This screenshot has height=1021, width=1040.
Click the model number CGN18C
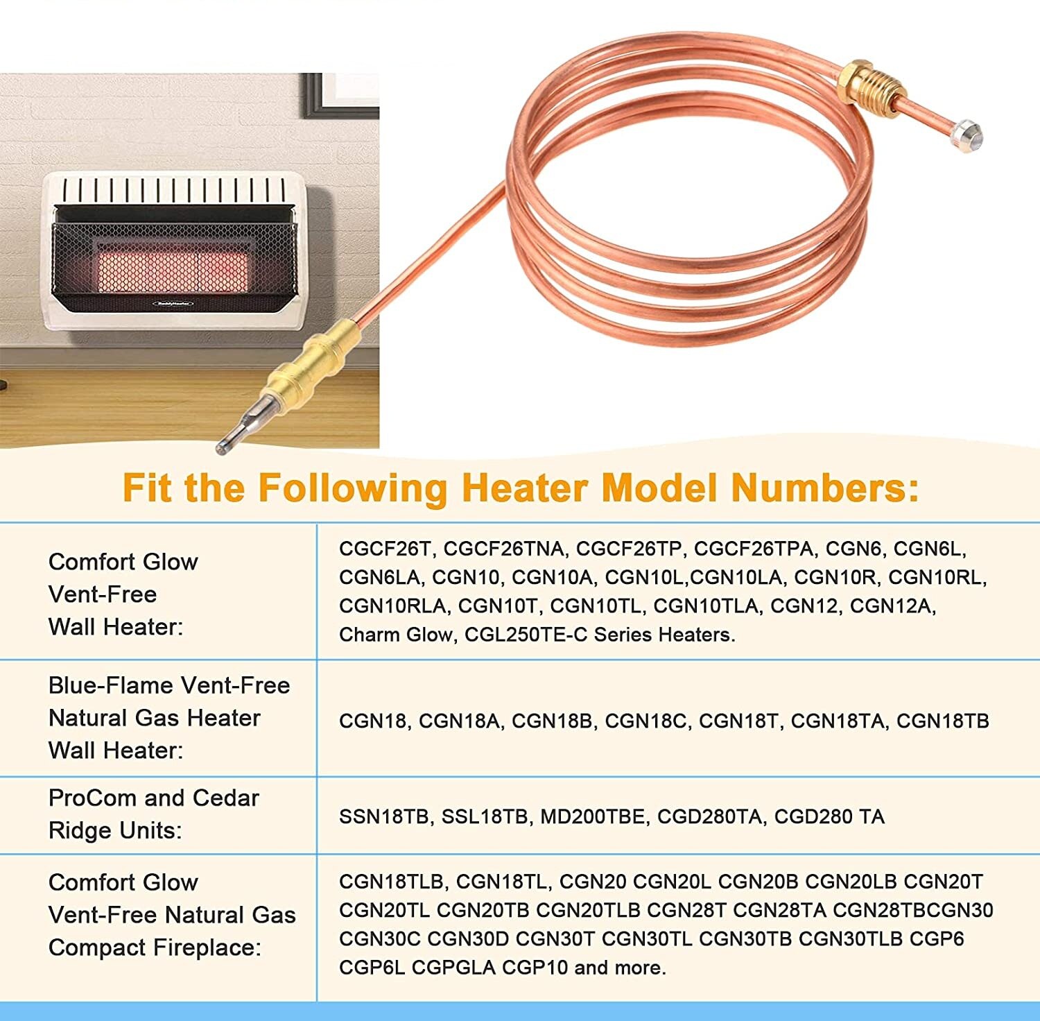point(646,721)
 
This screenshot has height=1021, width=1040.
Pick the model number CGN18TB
point(942,721)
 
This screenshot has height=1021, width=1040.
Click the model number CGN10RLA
point(392,606)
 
